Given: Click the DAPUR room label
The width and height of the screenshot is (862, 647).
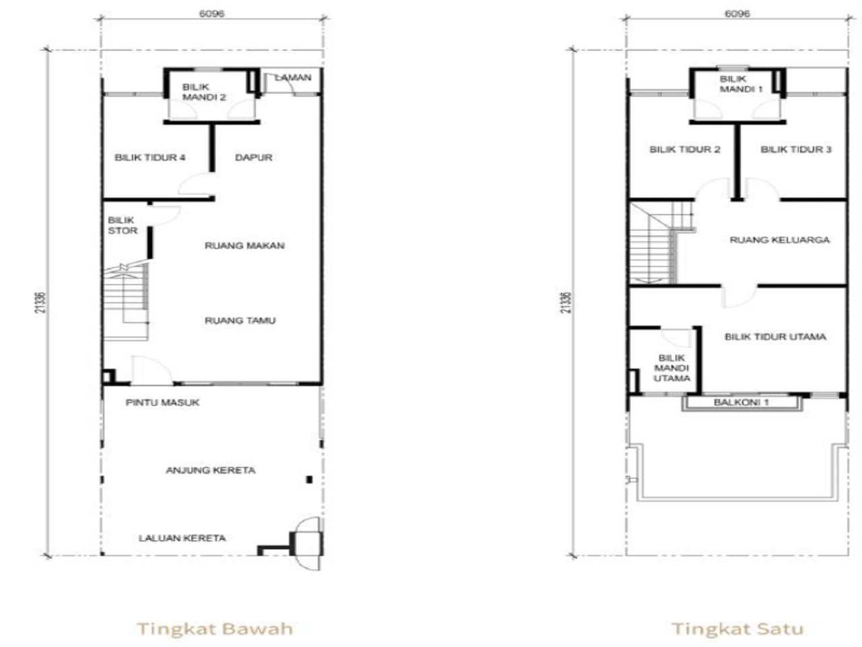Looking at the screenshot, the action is pyautogui.click(x=254, y=158).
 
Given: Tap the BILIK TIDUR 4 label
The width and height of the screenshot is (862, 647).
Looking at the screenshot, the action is pyautogui.click(x=150, y=158).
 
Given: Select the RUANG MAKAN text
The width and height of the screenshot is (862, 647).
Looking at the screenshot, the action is pyautogui.click(x=244, y=245).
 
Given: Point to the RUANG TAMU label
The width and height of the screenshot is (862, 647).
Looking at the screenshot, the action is pyautogui.click(x=240, y=321).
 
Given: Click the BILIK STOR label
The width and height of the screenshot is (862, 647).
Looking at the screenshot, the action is pyautogui.click(x=123, y=225).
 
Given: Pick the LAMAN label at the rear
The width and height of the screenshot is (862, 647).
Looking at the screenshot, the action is pyautogui.click(x=293, y=78).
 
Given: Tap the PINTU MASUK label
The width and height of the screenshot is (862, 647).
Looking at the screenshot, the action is pyautogui.click(x=162, y=402).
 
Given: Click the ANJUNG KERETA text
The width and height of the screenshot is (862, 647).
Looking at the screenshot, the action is pyautogui.click(x=211, y=470).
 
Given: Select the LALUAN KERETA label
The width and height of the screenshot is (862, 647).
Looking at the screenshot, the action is pyautogui.click(x=183, y=538).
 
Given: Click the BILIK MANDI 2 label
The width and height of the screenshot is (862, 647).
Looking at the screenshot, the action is pyautogui.click(x=204, y=92).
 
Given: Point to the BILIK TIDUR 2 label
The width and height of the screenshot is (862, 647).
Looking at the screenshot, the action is pyautogui.click(x=685, y=149).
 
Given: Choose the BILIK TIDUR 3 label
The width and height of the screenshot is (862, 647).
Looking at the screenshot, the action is pyautogui.click(x=796, y=149).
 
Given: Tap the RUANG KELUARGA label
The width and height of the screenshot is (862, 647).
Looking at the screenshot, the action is pyautogui.click(x=780, y=240).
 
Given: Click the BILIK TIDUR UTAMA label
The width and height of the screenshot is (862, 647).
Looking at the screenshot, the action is pyautogui.click(x=776, y=337).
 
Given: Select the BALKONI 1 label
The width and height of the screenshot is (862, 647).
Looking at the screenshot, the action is pyautogui.click(x=741, y=402).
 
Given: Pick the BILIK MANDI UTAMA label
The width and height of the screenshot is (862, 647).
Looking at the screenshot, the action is pyautogui.click(x=671, y=368).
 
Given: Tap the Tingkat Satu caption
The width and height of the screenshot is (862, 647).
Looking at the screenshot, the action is pyautogui.click(x=738, y=629).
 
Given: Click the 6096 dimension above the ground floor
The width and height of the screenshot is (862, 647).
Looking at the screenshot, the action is pyautogui.click(x=211, y=13).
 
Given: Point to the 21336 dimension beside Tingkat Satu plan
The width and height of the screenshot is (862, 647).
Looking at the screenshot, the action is pyautogui.click(x=566, y=303).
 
